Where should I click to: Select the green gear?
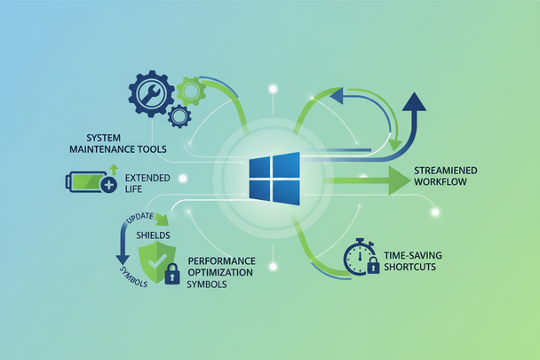click(x=190, y=89)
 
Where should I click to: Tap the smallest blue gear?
click(x=179, y=115)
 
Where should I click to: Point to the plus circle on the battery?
click(x=108, y=185)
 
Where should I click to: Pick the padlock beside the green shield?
click(x=172, y=274)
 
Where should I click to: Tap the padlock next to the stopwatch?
click(x=374, y=265)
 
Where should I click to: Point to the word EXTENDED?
click(x=148, y=177)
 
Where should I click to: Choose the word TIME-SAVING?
click(x=412, y=254)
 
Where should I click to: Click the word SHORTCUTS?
click(x=409, y=266)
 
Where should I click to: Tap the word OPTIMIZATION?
click(x=221, y=273)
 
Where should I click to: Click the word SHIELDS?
click(x=153, y=235)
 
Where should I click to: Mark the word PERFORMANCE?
click(x=222, y=261)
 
